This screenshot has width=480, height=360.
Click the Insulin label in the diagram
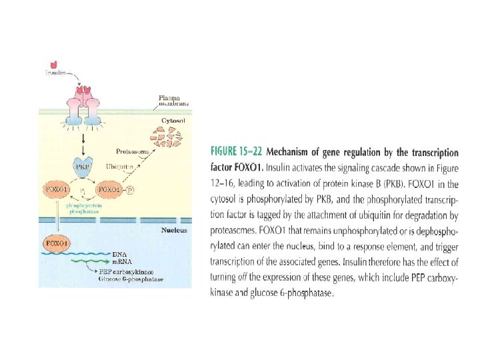[x=55, y=73]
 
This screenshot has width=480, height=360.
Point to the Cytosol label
[x=173, y=121]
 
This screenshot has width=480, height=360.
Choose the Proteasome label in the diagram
[x=131, y=151]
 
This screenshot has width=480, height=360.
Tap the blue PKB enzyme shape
[x=83, y=167]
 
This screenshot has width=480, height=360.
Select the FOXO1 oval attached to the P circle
[x=109, y=189]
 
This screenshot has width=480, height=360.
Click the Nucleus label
[x=174, y=231]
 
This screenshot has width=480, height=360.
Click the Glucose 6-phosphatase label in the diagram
[x=130, y=279]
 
